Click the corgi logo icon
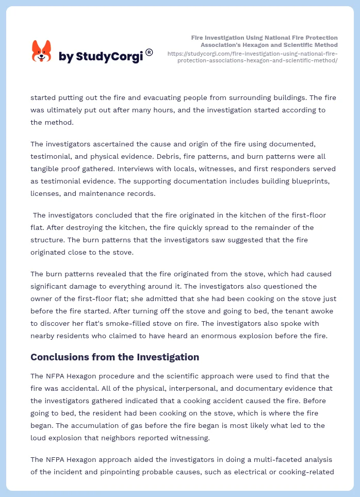pyautogui.click(x=42, y=52)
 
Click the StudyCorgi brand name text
pyautogui.click(x=101, y=57)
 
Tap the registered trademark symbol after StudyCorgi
pyautogui.click(x=149, y=52)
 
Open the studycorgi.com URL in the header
pyautogui.click(x=253, y=57)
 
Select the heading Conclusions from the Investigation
pyautogui.click(x=114, y=357)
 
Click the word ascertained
pyautogui.click(x=110, y=144)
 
